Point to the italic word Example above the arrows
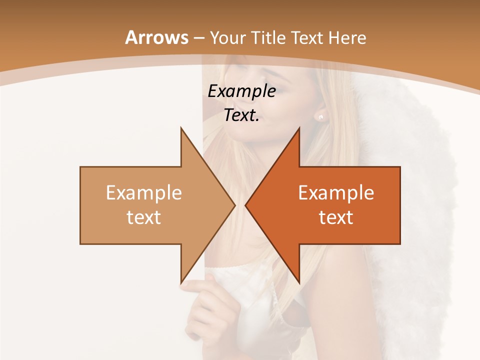tap(241, 91)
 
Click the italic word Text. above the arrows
tap(241, 115)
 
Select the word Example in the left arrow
tap(144, 193)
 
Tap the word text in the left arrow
tap(144, 217)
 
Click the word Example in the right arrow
tap(336, 193)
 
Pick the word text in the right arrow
tap(336, 217)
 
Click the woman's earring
tap(320, 116)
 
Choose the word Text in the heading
tap(306, 37)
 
